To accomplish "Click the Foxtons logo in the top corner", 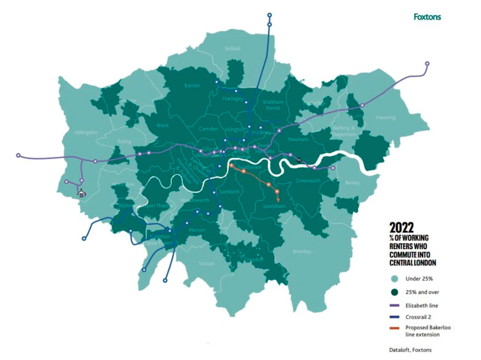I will tap(427, 17).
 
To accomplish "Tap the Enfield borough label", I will tap(233, 47).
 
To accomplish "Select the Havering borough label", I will tap(385, 117).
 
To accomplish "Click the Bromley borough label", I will tap(302, 252).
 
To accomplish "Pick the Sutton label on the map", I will tap(207, 263).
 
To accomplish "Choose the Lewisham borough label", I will tap(273, 207).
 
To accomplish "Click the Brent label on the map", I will tap(163, 125).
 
